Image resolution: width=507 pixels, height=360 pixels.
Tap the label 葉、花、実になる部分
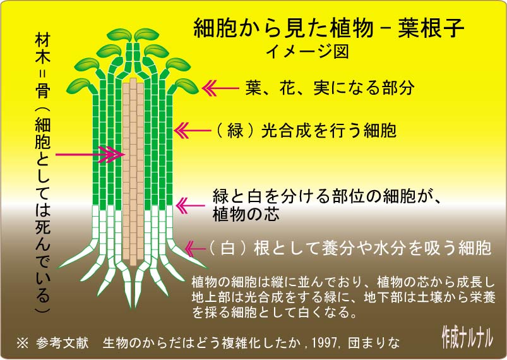329,88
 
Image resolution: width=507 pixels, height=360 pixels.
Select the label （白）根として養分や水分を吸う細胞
349,248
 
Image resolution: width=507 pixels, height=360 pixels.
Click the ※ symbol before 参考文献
22,344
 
